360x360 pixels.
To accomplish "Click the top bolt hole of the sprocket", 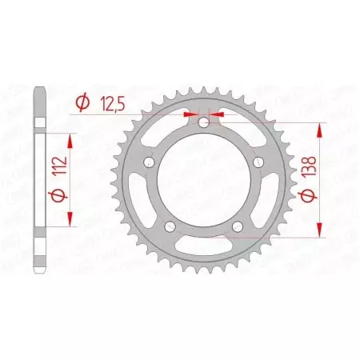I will [x=203, y=123].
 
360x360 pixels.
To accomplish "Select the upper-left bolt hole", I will [x=150, y=162].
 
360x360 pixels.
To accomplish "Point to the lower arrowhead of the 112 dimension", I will [x=72, y=222].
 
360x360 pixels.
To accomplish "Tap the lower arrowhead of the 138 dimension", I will [x=321, y=233].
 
